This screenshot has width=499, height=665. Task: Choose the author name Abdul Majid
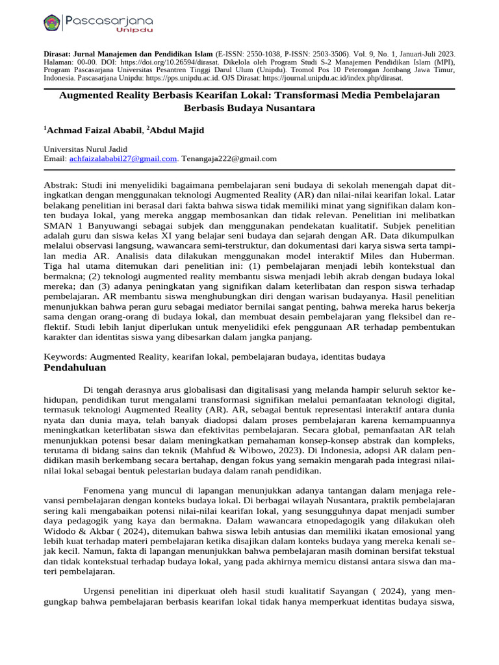pyautogui.click(x=177, y=131)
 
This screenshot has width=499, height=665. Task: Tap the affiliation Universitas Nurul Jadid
pyautogui.click(x=85, y=149)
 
